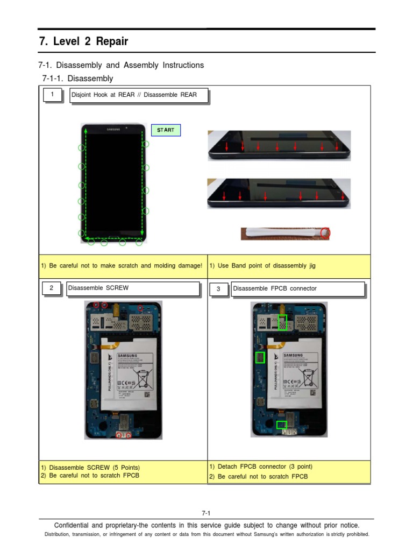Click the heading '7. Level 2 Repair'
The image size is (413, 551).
click(x=84, y=41)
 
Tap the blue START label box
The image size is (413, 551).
click(x=166, y=130)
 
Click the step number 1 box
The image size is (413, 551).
click(x=52, y=95)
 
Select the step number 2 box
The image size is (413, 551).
click(x=51, y=288)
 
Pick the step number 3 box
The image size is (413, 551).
click(x=218, y=289)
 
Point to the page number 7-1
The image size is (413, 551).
click(x=206, y=513)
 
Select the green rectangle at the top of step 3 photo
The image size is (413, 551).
click(x=283, y=322)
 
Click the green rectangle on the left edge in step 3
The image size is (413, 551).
click(x=260, y=358)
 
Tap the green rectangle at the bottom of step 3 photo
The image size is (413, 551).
click(x=281, y=425)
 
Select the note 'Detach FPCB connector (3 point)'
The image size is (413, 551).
click(x=261, y=467)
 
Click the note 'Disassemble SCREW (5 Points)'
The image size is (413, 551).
click(x=90, y=468)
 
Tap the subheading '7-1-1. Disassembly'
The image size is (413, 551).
click(x=77, y=79)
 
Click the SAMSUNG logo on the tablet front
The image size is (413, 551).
click(x=113, y=129)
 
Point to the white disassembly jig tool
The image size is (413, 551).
click(x=282, y=233)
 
